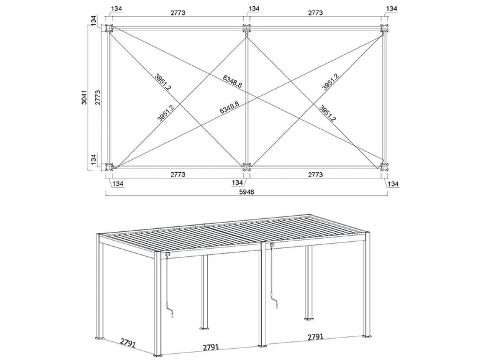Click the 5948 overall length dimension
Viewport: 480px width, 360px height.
pyautogui.click(x=247, y=192)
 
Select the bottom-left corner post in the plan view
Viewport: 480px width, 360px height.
pyautogui.click(x=110, y=167)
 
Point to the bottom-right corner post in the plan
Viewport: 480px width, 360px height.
pyautogui.click(x=385, y=167)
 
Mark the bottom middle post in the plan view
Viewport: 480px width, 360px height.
pyautogui.click(x=247, y=167)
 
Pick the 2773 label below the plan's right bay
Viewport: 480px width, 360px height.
pyautogui.click(x=315, y=175)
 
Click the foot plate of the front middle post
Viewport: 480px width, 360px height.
pyautogui.click(x=264, y=346)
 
